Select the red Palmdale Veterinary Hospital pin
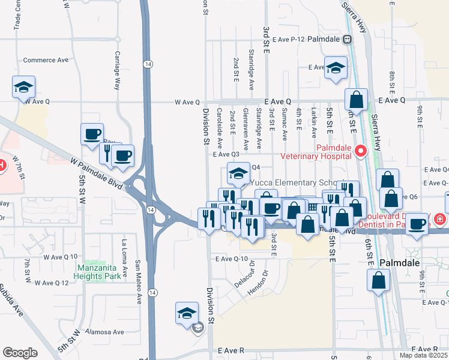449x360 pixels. tap(361, 151)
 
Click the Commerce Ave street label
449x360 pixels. tap(46, 60)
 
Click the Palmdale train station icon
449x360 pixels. tap(347, 40)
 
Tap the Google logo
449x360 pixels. tap(20, 353)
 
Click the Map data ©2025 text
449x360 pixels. tap(424, 355)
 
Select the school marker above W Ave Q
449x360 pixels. tap(23, 87)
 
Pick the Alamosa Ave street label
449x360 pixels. tap(104, 332)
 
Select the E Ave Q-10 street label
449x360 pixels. tap(231, 259)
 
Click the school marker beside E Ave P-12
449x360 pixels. tap(336, 68)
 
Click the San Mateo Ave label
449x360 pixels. tap(138, 277)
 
